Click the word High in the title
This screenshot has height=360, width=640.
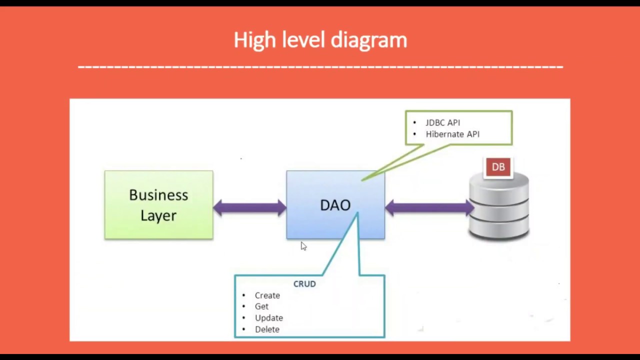tap(254, 40)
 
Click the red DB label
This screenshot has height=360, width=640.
tap(498, 167)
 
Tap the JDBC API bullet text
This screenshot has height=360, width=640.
tap(442, 122)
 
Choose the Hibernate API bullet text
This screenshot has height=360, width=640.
tap(452, 134)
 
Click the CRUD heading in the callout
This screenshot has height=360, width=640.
tap(304, 283)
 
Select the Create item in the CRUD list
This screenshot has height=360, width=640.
tap(267, 295)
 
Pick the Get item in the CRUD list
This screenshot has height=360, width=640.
tap(261, 306)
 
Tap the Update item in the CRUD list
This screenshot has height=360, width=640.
tap(268, 318)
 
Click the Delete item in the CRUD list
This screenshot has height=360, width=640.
tap(267, 329)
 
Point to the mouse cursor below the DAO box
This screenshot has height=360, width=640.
tap(303, 245)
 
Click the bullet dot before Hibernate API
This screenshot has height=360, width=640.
tap(414, 134)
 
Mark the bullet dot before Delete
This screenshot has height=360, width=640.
tap(243, 329)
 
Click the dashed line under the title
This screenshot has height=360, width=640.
tap(320, 66)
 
